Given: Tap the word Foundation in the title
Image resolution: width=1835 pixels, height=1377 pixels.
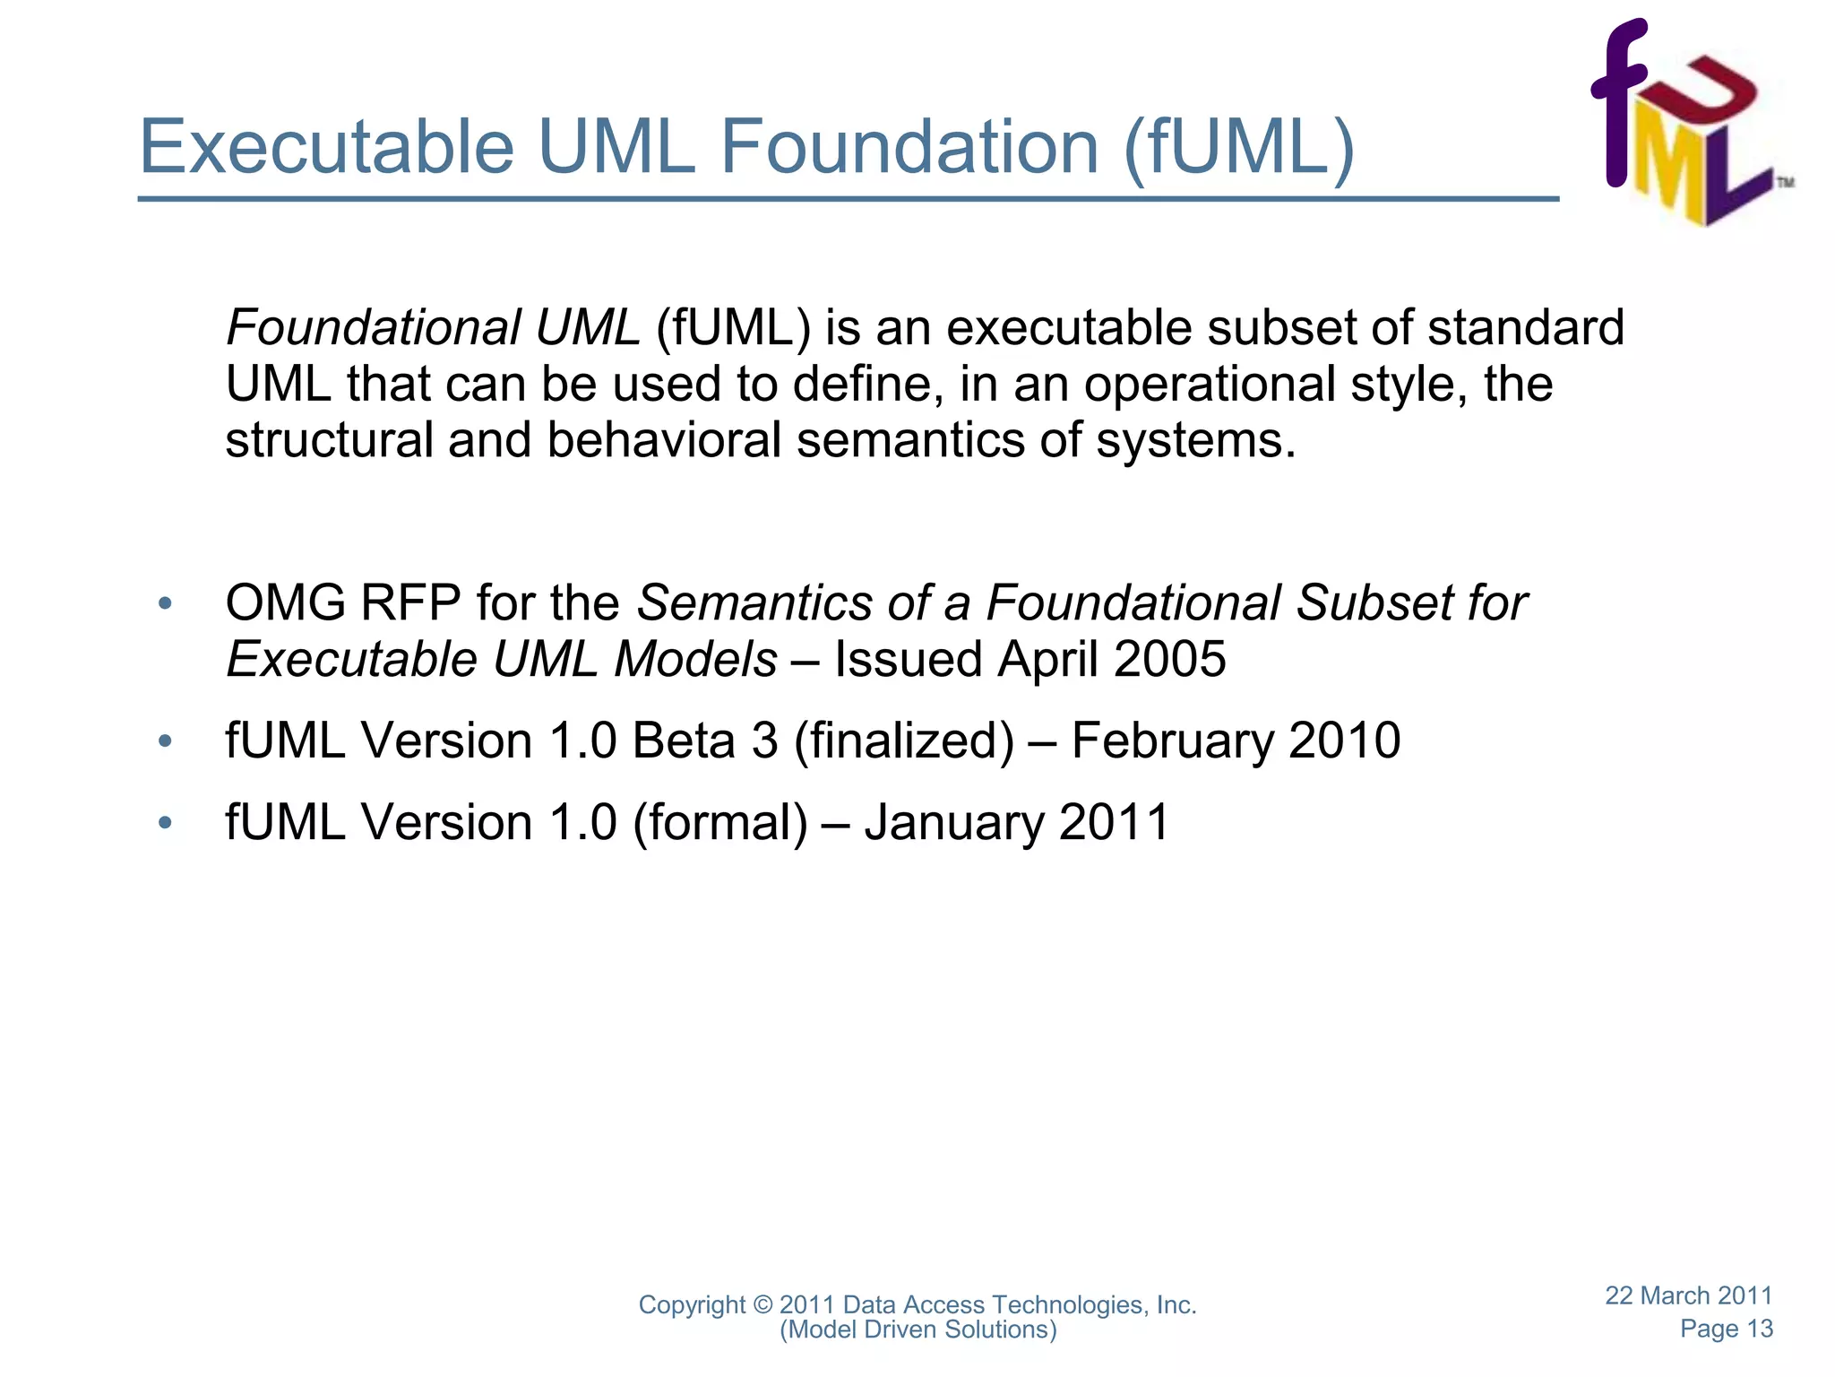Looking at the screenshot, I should (x=909, y=148).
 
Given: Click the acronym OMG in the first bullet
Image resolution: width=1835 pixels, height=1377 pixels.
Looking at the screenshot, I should (x=286, y=603).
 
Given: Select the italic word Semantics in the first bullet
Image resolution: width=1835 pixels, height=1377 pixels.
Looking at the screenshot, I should (x=754, y=603).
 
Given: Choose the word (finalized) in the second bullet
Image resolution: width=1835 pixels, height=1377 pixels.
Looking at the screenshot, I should (x=904, y=742).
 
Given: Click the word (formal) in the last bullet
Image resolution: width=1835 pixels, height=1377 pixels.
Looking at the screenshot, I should (x=720, y=823).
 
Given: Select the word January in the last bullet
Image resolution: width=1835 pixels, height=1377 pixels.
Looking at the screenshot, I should (x=953, y=824).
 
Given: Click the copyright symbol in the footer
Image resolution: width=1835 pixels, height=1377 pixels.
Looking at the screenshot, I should (x=762, y=1305).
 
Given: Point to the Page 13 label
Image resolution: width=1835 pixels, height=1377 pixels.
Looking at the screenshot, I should (x=1726, y=1329).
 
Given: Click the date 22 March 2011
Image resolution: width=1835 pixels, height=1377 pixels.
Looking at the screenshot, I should (x=1688, y=1295).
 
